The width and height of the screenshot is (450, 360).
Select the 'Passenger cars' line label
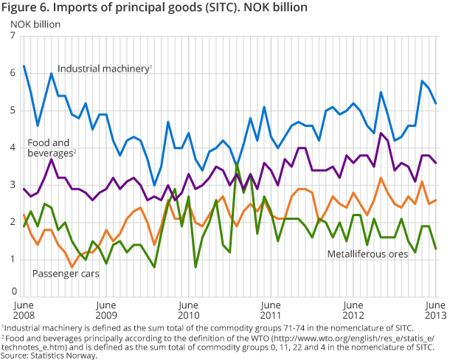pyautogui.click(x=67, y=273)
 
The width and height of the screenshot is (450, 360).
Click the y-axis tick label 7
pyautogui.click(x=13, y=36)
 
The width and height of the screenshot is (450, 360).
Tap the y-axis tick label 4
pyautogui.click(x=13, y=148)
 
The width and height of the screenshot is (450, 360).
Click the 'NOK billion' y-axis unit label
pyautogui.click(x=35, y=23)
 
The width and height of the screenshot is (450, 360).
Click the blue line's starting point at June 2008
pyautogui.click(x=24, y=66)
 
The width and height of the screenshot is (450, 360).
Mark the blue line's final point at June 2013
pyautogui.click(x=436, y=103)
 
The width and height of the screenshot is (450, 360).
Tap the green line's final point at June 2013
pyautogui.click(x=436, y=249)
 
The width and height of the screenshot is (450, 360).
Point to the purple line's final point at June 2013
pyautogui.click(x=436, y=163)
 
